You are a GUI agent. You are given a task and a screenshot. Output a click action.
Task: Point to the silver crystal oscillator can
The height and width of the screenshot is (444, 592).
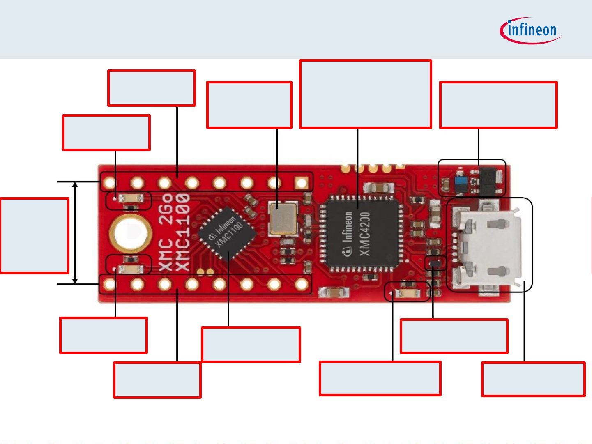click(283, 218)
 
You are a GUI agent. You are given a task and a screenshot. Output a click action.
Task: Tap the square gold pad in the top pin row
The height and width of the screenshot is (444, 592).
click(302, 182)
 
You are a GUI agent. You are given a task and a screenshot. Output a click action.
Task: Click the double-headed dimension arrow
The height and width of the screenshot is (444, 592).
click(75, 233)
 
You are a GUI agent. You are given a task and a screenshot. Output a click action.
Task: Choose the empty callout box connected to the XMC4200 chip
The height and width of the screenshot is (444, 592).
click(365, 94)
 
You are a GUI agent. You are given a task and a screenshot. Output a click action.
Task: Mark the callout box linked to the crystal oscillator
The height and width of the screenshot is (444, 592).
click(249, 105)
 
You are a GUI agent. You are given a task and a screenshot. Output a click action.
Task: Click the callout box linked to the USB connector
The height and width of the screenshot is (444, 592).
click(533, 379)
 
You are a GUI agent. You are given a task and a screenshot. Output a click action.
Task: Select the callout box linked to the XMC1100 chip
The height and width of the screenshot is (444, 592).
click(251, 344)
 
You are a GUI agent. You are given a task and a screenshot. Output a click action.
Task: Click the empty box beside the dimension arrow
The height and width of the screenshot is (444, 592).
click(35, 235)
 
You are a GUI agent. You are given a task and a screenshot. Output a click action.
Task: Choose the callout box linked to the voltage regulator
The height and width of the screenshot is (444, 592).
click(498, 105)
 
